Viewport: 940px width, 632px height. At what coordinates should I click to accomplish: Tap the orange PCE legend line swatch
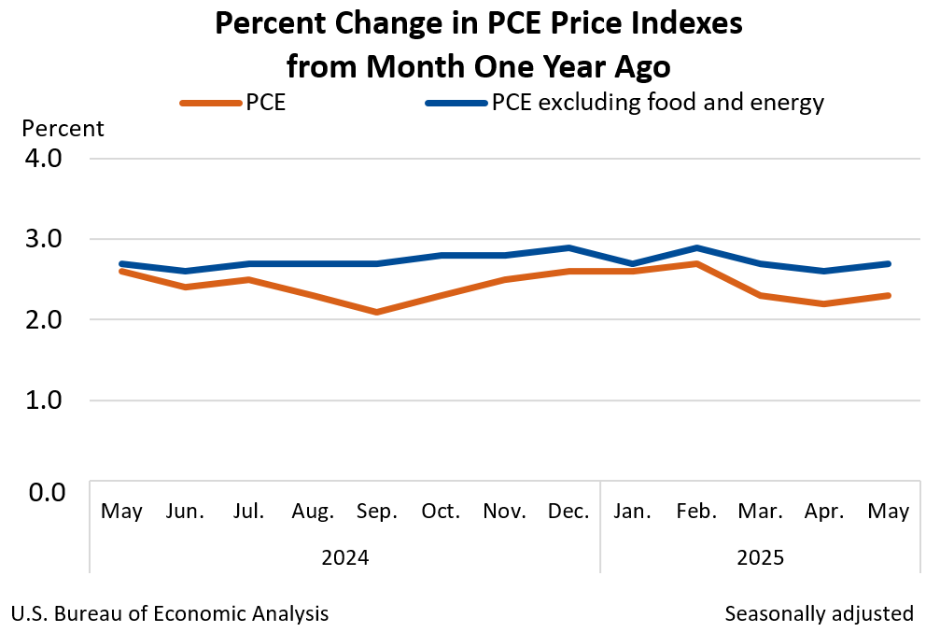tap(211, 103)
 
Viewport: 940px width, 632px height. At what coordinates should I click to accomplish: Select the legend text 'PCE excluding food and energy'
tap(658, 102)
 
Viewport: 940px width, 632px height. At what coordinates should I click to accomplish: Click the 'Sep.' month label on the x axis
tap(376, 512)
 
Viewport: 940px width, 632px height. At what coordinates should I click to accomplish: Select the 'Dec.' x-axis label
tap(568, 512)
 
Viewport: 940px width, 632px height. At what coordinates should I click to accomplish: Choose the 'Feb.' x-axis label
tap(696, 512)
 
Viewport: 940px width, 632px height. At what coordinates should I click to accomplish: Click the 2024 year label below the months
tap(344, 558)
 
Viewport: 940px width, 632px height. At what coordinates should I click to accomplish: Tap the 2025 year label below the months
tap(760, 558)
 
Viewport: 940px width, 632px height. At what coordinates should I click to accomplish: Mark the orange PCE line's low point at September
tap(376, 312)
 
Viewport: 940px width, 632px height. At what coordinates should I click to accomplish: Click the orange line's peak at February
tap(696, 263)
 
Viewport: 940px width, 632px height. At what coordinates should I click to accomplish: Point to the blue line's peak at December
tap(568, 247)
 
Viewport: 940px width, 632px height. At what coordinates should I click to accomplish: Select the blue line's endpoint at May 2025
tap(889, 263)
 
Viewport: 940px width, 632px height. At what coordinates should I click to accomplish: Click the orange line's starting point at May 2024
tap(121, 271)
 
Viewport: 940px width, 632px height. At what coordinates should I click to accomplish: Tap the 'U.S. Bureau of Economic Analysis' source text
tap(170, 613)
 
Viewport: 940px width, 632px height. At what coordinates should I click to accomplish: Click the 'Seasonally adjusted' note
tap(819, 613)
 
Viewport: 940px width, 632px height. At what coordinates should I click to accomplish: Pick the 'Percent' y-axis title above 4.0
tap(63, 128)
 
